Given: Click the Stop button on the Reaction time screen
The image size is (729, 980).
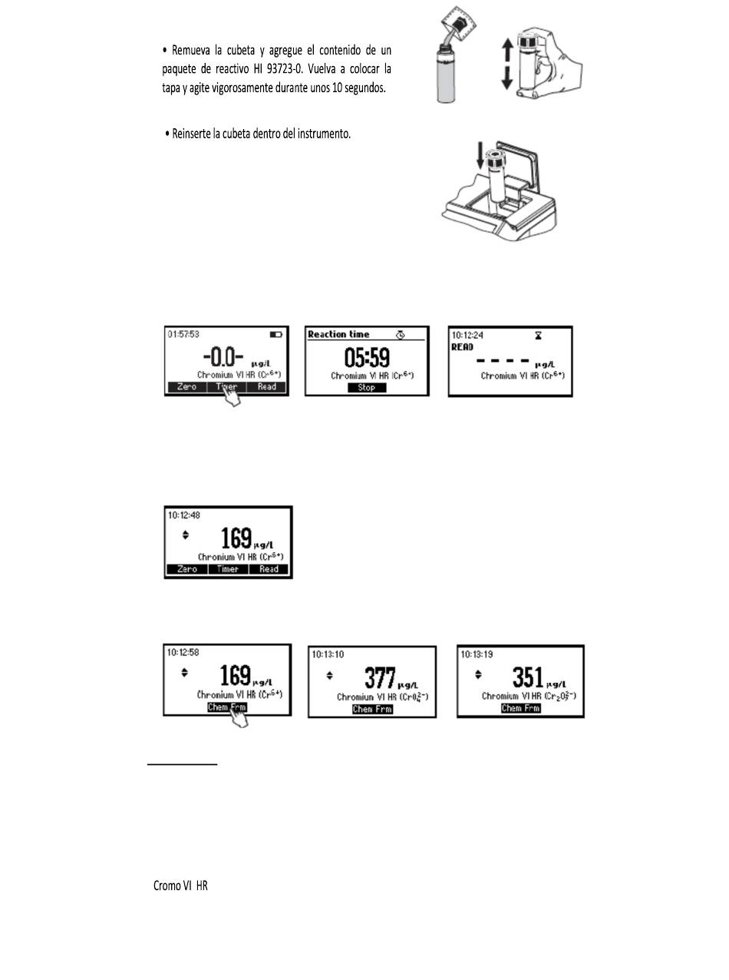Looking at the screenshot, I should pyautogui.click(x=367, y=388).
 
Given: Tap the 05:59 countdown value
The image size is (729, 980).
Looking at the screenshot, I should pyautogui.click(x=366, y=357).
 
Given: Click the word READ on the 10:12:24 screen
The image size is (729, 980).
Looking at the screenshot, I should pyautogui.click(x=463, y=347).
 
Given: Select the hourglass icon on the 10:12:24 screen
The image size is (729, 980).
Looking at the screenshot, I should pyautogui.click(x=538, y=336).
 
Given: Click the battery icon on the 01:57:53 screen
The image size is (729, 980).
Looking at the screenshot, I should pyautogui.click(x=276, y=336).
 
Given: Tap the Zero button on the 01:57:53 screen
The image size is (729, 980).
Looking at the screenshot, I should pyautogui.click(x=187, y=387).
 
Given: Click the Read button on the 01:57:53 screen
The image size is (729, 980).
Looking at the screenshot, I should pyautogui.click(x=267, y=387).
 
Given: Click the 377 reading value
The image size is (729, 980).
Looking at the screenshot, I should pyautogui.click(x=381, y=678).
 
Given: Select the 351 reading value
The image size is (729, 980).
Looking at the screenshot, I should pyautogui.click(x=528, y=678).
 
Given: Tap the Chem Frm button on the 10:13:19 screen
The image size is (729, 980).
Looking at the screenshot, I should pyautogui.click(x=521, y=708).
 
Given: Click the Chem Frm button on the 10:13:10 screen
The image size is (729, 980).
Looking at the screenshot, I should pyautogui.click(x=372, y=709).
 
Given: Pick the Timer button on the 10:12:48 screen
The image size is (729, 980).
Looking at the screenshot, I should pyautogui.click(x=228, y=569).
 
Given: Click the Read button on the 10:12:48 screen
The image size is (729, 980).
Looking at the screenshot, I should pyautogui.click(x=269, y=569).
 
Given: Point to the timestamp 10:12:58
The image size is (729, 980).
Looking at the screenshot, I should pyautogui.click(x=184, y=653).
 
